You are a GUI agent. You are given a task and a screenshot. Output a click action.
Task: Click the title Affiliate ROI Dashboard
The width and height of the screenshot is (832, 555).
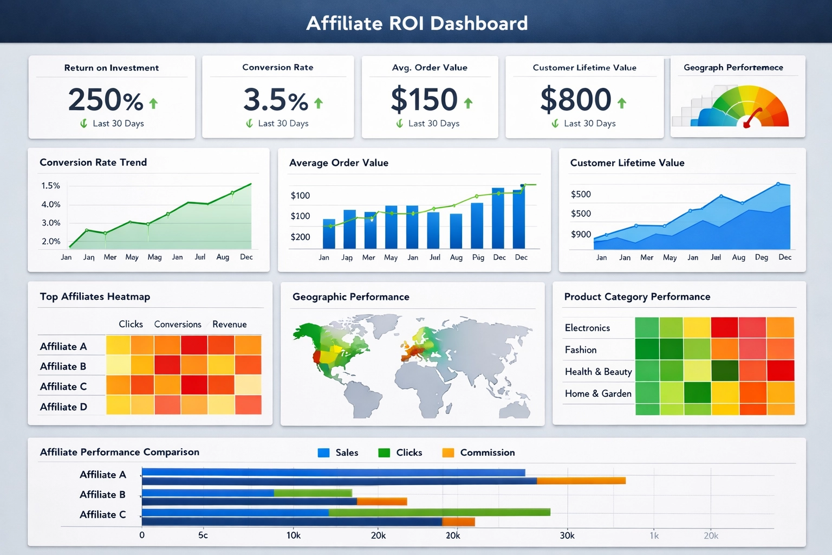pyautogui.click(x=417, y=23)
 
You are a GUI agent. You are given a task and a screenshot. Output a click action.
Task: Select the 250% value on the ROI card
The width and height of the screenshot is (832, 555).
pyautogui.click(x=106, y=100)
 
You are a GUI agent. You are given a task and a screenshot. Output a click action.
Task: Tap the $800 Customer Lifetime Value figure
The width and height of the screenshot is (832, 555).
pyautogui.click(x=576, y=100)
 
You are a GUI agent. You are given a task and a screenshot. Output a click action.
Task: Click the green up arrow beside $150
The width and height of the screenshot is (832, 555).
pyautogui.click(x=468, y=103)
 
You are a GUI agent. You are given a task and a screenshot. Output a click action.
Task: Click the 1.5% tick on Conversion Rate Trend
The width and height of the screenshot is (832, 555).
pyautogui.click(x=50, y=186)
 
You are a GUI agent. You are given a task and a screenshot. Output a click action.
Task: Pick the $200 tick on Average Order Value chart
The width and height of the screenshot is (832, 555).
pyautogui.click(x=300, y=237)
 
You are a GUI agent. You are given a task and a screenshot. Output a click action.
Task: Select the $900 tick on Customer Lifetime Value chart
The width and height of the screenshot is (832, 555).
pyautogui.click(x=581, y=234)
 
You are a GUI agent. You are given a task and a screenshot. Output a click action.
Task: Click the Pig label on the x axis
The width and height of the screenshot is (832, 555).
pyautogui.click(x=478, y=257)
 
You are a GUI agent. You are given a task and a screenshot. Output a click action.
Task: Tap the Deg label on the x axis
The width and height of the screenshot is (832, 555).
pyautogui.click(x=761, y=257)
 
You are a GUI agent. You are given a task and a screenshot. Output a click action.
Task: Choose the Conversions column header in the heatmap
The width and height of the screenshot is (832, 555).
pyautogui.click(x=178, y=324)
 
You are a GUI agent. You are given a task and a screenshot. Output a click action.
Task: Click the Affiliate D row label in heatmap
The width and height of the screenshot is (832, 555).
pyautogui.click(x=63, y=407)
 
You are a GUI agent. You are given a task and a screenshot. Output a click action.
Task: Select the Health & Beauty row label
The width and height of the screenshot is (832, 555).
pyautogui.click(x=598, y=372)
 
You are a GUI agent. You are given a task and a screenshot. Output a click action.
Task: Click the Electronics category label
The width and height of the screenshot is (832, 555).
pyautogui.click(x=587, y=328)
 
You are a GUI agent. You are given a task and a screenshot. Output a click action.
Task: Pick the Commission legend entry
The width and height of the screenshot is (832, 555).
pyautogui.click(x=487, y=453)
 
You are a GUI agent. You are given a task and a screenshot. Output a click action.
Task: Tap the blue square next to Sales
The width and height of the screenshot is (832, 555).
pyautogui.click(x=323, y=453)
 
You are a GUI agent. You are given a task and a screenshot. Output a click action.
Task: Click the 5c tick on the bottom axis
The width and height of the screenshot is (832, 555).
pyautogui.click(x=203, y=535)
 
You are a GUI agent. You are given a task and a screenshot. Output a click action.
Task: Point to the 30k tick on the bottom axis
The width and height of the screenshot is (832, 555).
pyautogui.click(x=567, y=535)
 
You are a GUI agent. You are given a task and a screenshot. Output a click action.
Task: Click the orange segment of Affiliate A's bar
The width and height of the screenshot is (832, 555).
pyautogui.click(x=581, y=481)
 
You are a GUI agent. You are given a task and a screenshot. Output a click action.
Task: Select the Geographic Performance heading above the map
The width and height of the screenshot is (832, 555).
pyautogui.click(x=350, y=297)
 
